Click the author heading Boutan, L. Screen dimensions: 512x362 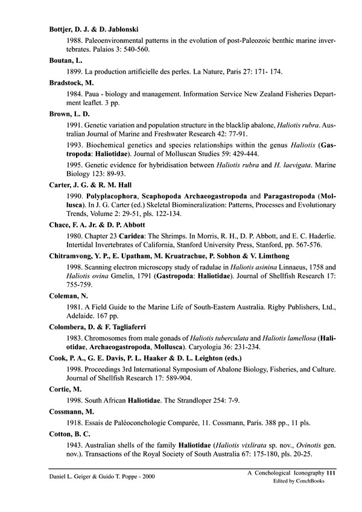click(66, 61)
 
